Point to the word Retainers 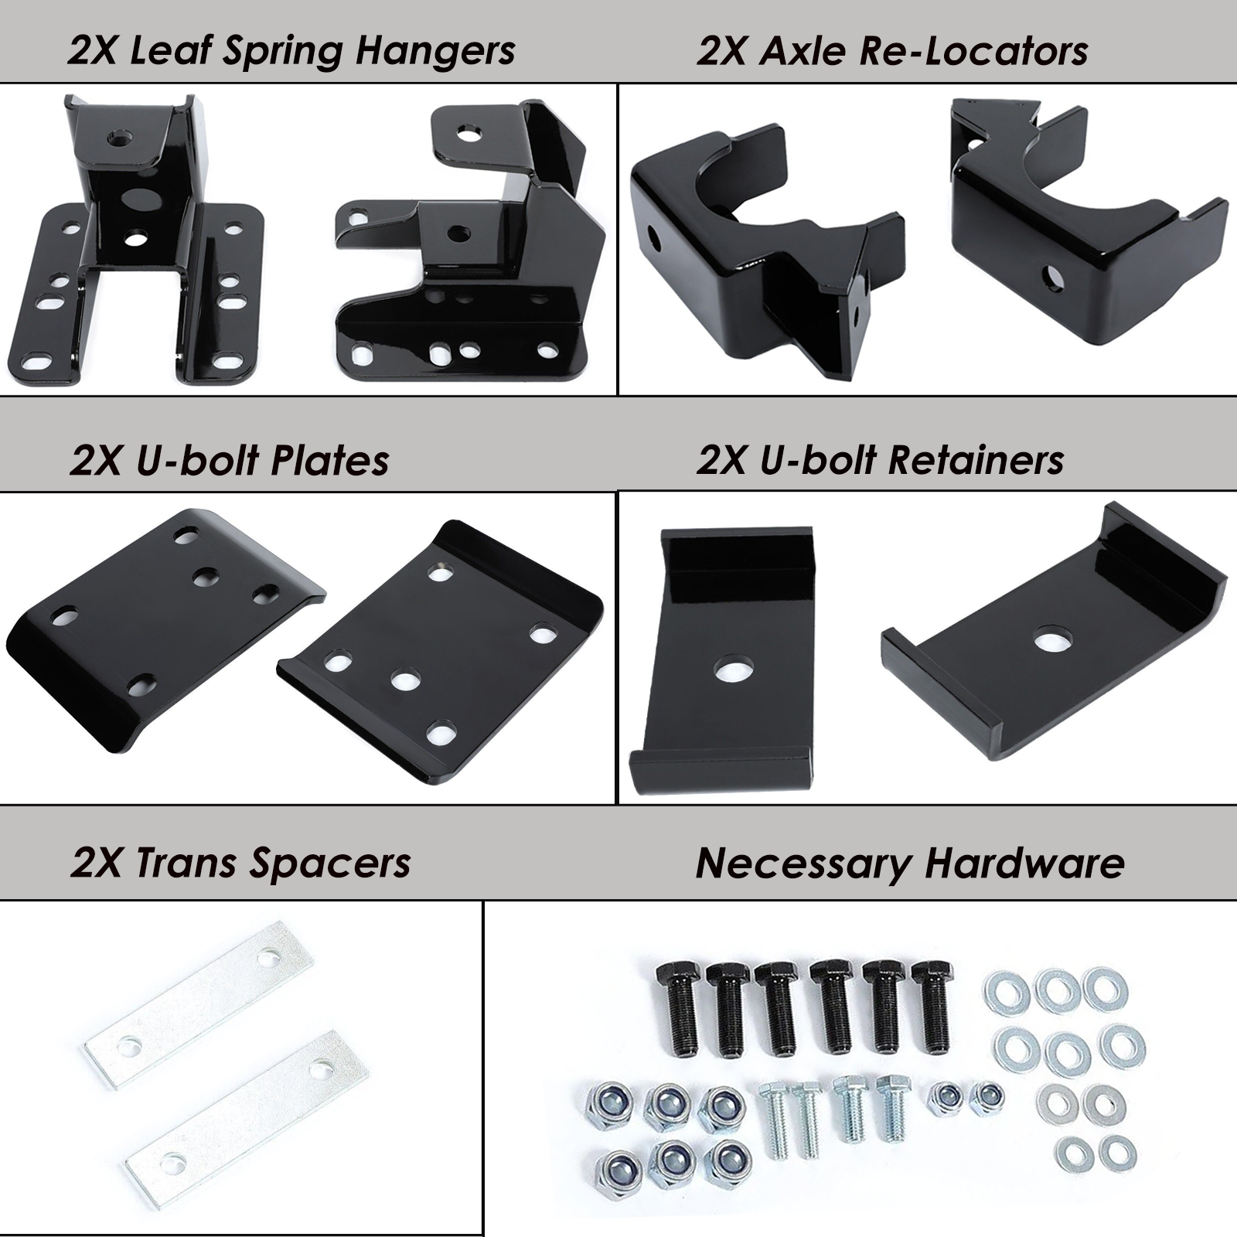click(976, 461)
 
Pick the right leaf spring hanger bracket click(472, 255)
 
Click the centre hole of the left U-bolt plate click(206, 576)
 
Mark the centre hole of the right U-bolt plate click(405, 681)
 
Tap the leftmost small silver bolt click(775, 1121)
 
